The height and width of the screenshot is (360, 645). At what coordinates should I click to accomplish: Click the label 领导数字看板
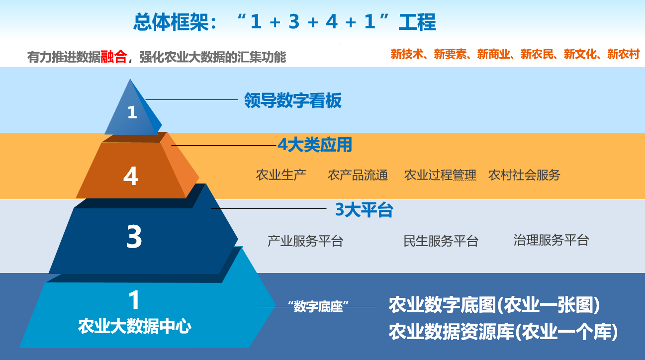coord(293,100)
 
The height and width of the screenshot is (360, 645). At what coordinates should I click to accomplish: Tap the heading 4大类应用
coord(315,145)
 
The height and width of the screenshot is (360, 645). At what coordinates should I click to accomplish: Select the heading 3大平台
coord(364,210)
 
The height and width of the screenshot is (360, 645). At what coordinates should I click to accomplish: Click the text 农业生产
coord(281,175)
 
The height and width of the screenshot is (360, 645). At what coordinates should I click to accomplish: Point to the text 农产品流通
coord(358,175)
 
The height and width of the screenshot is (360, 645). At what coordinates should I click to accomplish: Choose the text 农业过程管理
coord(440,175)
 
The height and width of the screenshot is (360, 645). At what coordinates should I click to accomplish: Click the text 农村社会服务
coord(524,175)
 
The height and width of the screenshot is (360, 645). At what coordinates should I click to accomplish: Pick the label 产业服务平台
coord(305,241)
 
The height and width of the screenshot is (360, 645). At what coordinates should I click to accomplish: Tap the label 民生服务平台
coord(441,241)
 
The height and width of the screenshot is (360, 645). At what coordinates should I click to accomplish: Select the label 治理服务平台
coord(551,240)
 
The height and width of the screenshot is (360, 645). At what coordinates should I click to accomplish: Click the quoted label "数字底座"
coord(318,306)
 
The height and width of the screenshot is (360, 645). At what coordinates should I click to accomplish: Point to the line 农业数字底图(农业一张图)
coord(494,305)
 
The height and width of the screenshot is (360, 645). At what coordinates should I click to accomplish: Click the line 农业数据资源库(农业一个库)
coord(503,332)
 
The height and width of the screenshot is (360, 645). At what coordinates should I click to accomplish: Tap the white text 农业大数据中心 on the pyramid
coord(135,326)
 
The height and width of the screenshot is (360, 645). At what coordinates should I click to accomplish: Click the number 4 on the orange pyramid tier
coord(131,176)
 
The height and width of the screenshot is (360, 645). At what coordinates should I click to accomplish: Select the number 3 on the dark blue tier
coord(134,237)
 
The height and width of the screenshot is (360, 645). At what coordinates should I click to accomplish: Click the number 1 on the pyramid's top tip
coord(132,112)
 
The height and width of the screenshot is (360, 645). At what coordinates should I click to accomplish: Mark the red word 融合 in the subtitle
coord(114,57)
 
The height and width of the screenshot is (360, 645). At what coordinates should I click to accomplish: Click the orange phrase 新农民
coord(537,54)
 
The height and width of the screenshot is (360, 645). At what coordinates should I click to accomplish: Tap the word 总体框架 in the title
coord(171,22)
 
